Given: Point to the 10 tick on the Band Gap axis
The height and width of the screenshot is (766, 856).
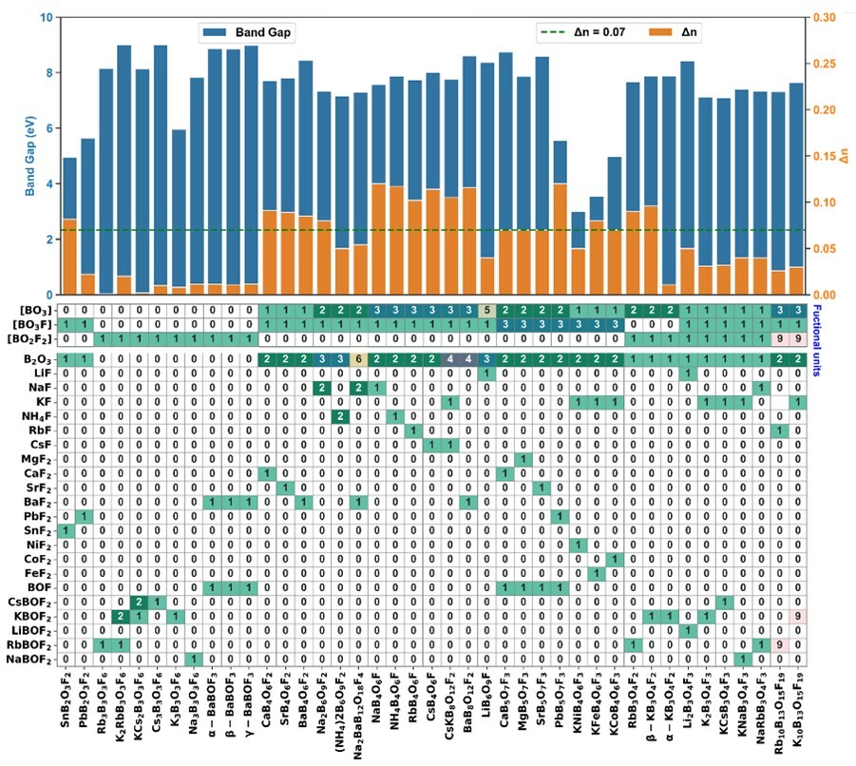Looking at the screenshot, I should click(45, 17).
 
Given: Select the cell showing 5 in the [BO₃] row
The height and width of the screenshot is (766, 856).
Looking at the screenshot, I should click(486, 310).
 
